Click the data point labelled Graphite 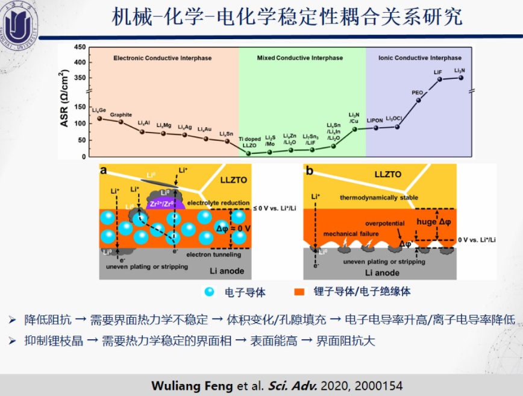point(121,122)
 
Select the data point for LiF point(440,79)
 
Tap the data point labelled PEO point(418,100)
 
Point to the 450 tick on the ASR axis point(80,48)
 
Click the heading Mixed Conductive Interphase point(299,58)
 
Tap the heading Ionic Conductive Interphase point(420,58)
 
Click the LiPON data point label point(375,120)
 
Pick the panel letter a point(104,171)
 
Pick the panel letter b point(310,171)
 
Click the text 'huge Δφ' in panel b point(433,221)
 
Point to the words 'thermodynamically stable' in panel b point(377,197)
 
